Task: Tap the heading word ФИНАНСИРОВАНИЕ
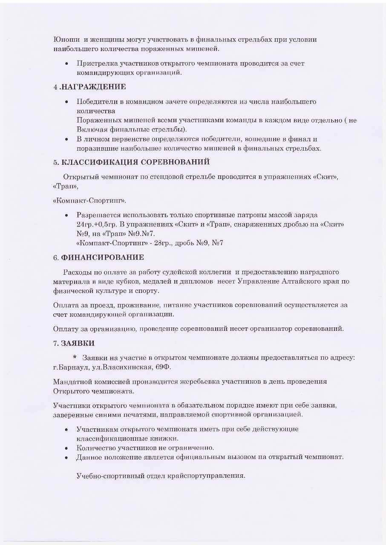(103, 258)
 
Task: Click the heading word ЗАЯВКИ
(78, 343)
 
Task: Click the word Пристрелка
(97, 63)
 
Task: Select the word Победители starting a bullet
(97, 102)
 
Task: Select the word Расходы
(77, 272)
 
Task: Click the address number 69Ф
(164, 367)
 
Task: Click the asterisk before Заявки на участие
(75, 357)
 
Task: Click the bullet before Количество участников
(66, 448)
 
